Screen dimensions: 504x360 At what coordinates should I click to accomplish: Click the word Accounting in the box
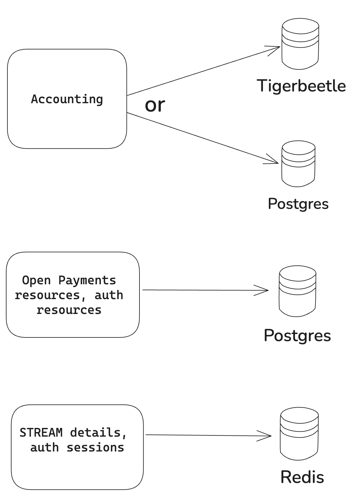[x=67, y=99]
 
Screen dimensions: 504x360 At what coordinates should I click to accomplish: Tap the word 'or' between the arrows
[x=155, y=105]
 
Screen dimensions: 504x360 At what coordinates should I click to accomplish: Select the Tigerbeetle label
[x=301, y=86]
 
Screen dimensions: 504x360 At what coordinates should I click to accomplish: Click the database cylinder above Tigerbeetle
[x=300, y=44]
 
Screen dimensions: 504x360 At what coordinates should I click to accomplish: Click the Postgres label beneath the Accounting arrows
[x=298, y=204]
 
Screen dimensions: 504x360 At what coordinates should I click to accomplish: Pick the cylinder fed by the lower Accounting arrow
[x=298, y=164]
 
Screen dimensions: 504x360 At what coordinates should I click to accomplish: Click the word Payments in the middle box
[x=87, y=280]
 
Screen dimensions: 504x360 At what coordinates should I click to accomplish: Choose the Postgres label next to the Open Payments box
[x=297, y=335]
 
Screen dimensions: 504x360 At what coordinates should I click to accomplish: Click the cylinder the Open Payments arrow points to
[x=297, y=291]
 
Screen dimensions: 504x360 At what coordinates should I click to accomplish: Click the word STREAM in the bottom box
[x=41, y=433]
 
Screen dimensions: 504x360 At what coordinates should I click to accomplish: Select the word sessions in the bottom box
[x=95, y=447]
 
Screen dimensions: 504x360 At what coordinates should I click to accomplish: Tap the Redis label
[x=302, y=477]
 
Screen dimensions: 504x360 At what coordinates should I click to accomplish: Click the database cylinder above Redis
[x=299, y=434]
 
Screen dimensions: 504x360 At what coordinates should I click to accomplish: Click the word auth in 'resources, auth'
[x=109, y=295]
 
